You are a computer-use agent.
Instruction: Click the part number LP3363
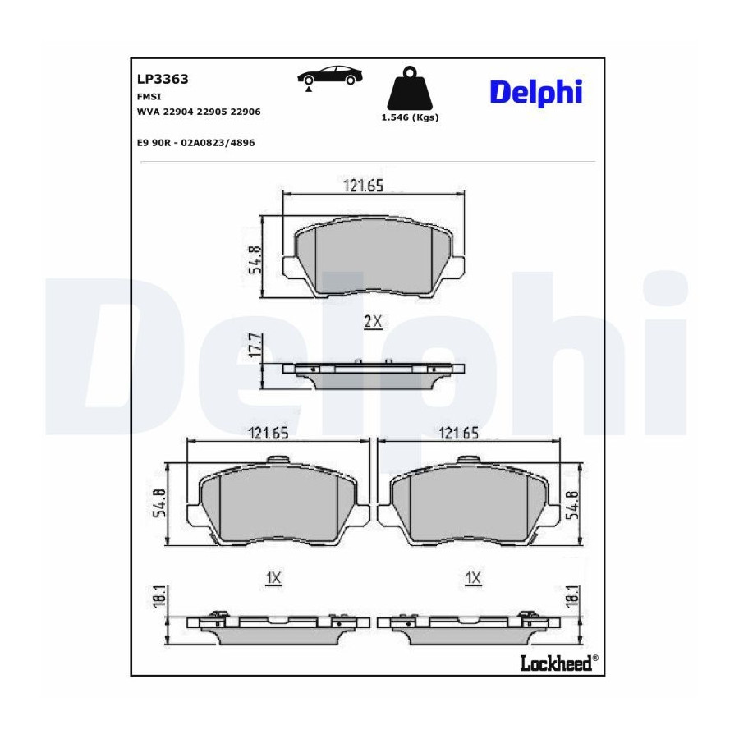point(163,79)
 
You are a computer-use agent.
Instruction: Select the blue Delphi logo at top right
point(536,92)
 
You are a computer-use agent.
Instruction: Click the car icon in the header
point(330,76)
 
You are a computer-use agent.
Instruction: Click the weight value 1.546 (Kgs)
point(410,117)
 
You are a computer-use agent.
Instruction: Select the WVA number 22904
point(178,112)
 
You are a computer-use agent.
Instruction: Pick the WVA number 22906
point(245,112)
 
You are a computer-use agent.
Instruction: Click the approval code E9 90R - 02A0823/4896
point(196,142)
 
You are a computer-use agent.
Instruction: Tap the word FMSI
point(149,96)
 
